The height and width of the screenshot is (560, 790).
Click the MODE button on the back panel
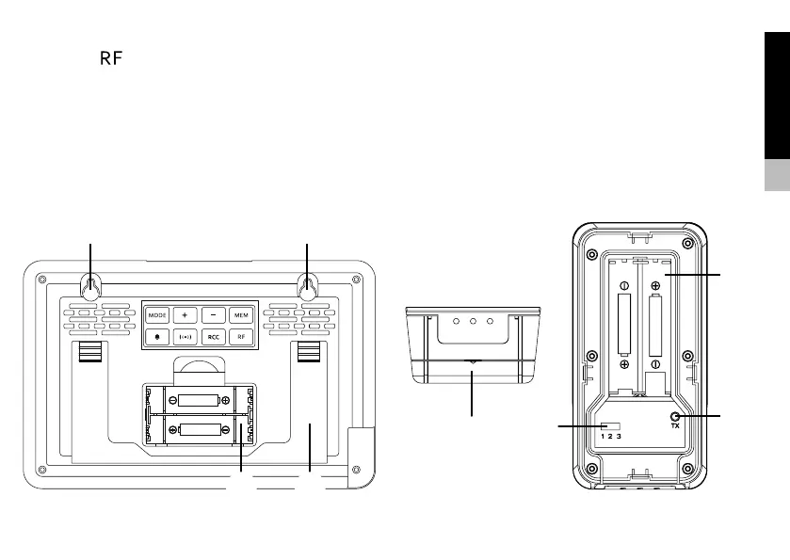(x=156, y=313)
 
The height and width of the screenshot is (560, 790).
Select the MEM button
(x=241, y=313)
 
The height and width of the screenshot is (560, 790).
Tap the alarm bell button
(x=156, y=336)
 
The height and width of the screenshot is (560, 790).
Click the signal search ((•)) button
(x=185, y=336)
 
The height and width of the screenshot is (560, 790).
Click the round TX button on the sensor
(x=675, y=415)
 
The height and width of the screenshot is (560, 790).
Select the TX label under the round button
(x=675, y=426)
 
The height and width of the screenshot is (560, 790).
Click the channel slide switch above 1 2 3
(x=611, y=425)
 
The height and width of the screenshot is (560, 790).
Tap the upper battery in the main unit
(x=199, y=400)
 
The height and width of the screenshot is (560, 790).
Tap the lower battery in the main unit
(x=199, y=430)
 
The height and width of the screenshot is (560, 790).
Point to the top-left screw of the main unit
(x=41, y=280)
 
